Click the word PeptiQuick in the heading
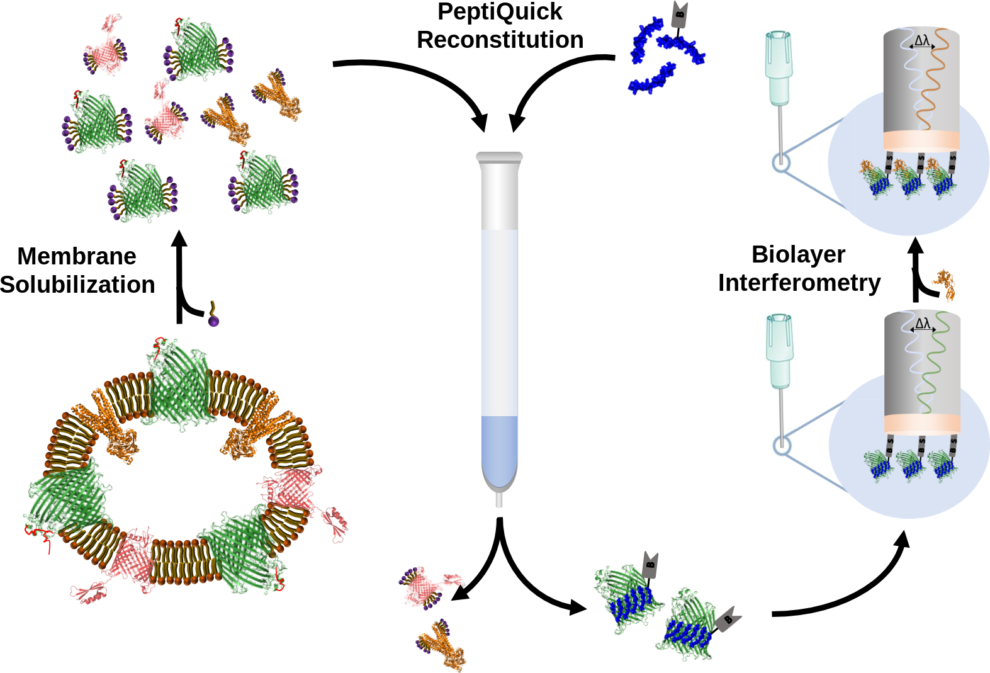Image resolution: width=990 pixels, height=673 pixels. click(x=500, y=12)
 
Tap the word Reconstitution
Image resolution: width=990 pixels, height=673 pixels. click(x=500, y=40)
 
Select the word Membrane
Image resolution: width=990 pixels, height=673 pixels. click(x=77, y=256)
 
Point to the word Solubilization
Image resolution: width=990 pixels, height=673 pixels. click(x=77, y=285)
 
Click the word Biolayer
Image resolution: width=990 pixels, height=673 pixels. click(x=799, y=255)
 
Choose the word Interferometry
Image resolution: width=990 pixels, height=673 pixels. click(x=799, y=283)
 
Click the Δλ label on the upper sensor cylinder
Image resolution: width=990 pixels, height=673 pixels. click(x=922, y=41)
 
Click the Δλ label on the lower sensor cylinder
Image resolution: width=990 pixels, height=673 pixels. click(x=923, y=324)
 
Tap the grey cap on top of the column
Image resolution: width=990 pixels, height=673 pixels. click(x=500, y=157)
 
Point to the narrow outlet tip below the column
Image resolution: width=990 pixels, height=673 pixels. click(x=500, y=500)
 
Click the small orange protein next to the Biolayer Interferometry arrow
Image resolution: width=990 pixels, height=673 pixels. click(x=945, y=285)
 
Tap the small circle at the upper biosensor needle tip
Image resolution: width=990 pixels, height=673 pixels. click(x=781, y=162)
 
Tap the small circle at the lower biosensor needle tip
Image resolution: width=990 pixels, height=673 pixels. click(x=782, y=446)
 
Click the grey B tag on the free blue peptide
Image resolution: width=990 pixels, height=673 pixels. click(x=680, y=15)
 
